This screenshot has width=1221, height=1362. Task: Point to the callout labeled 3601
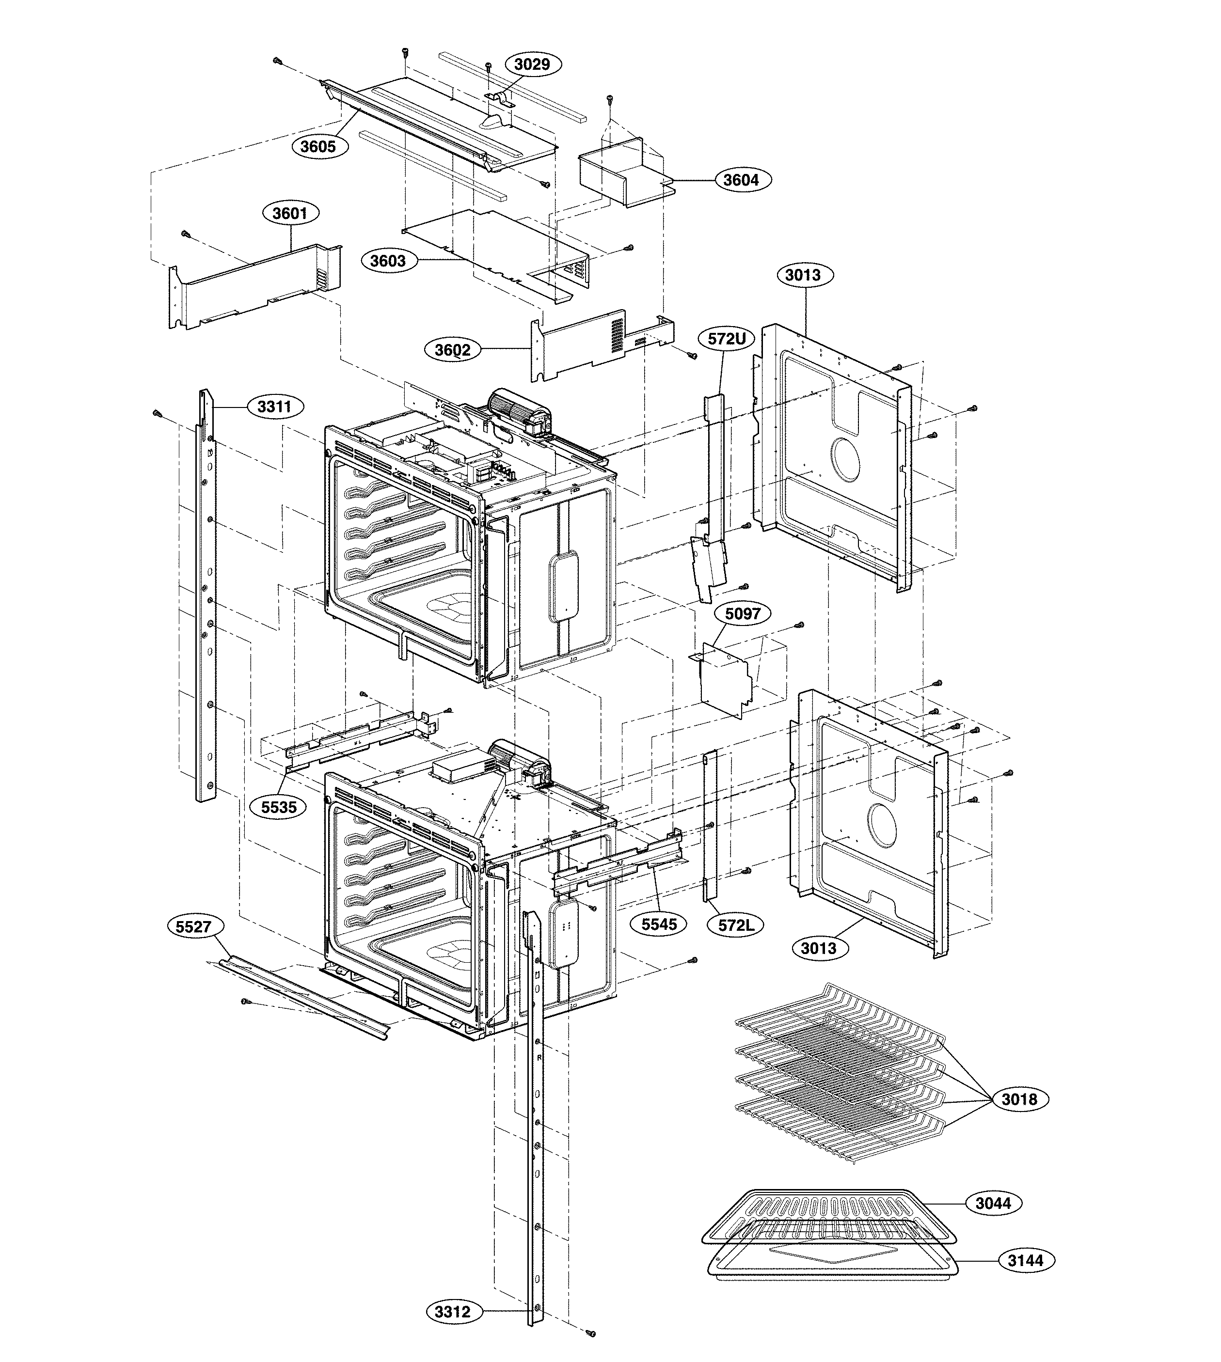[x=290, y=213]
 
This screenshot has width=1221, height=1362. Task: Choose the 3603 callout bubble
[x=388, y=260]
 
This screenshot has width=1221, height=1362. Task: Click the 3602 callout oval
[x=453, y=349]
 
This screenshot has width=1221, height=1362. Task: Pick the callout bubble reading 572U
[x=727, y=339]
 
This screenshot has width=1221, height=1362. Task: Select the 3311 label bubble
[x=274, y=407]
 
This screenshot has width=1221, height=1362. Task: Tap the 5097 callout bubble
[x=742, y=613]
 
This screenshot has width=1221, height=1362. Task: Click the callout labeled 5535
[x=279, y=807]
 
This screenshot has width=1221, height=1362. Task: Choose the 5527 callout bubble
[x=194, y=927]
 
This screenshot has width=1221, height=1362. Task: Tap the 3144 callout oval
[x=1026, y=1260]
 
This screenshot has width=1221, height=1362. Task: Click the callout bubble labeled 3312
[x=453, y=1312]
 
